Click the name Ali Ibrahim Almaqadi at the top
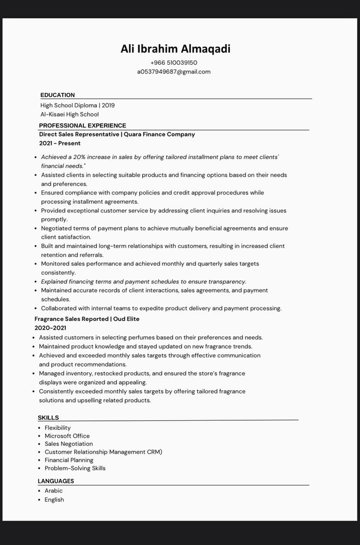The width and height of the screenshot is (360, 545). tap(175, 49)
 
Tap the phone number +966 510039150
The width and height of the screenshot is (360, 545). tap(174, 63)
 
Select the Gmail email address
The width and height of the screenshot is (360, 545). tap(174, 72)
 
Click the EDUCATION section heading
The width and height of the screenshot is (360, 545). tap(58, 95)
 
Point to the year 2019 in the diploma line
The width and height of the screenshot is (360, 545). tap(108, 105)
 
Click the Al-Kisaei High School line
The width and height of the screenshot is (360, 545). tap(69, 114)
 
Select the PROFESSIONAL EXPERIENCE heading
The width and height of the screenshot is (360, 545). tap(82, 125)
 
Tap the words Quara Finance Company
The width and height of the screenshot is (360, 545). tap(159, 134)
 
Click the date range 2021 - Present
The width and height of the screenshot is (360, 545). tap(60, 143)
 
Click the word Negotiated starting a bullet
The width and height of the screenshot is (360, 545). tap(58, 228)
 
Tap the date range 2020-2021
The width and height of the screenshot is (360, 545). tap(50, 328)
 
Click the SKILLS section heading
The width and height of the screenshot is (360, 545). tap(48, 417)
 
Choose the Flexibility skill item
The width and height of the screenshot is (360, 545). tap(58, 428)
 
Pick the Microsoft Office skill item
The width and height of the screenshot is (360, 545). tap(67, 436)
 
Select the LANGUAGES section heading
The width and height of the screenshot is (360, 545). tap(56, 481)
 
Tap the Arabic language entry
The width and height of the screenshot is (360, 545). tap(53, 491)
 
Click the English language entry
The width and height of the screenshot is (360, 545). tap(54, 500)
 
